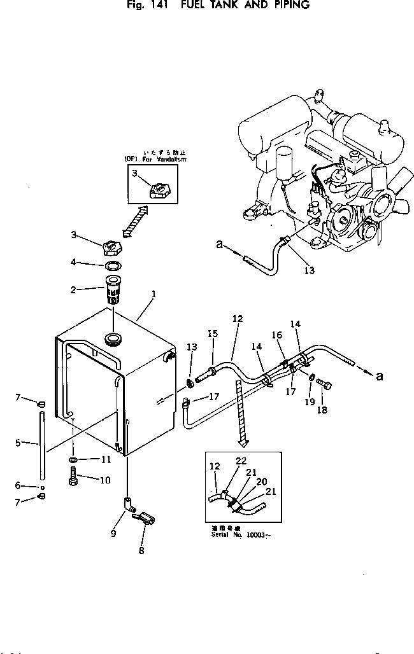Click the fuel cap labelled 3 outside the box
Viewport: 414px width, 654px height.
111,244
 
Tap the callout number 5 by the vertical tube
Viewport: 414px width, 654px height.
18,442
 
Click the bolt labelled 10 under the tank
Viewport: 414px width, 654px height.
73,477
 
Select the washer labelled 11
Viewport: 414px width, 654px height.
75,459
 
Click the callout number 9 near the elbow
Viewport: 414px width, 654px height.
113,534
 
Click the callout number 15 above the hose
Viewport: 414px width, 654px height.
212,333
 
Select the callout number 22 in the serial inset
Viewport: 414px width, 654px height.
241,460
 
